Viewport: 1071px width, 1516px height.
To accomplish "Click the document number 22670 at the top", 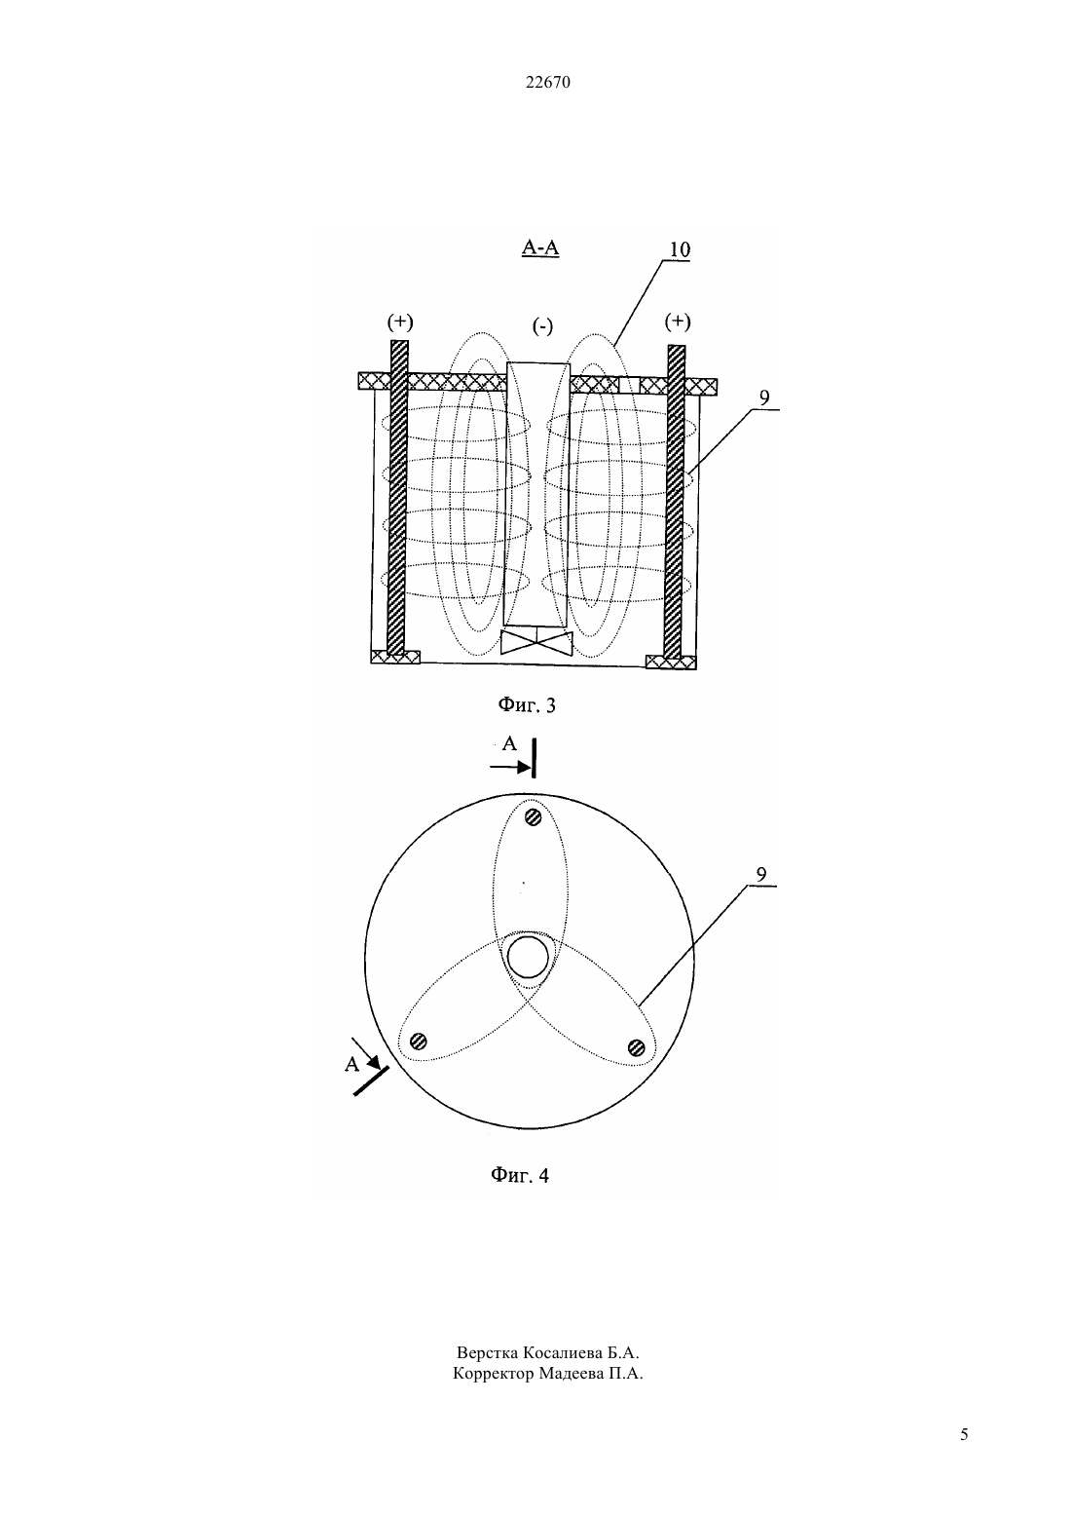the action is [547, 83].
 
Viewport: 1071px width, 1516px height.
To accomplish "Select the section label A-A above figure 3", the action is [540, 248].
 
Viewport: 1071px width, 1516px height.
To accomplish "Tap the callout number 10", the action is [680, 249].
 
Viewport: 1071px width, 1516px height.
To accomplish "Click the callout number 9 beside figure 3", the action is [764, 398].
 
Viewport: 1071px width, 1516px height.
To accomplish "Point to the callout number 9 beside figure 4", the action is [761, 875].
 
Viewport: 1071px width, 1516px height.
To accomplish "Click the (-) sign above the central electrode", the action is [542, 327].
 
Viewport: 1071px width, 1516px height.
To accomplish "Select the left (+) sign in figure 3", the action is [400, 322].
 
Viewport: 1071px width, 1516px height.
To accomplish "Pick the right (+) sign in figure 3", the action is [678, 322].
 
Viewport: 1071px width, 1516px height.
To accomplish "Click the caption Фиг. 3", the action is [527, 705].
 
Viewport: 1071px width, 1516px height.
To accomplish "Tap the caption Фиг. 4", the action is [519, 1176].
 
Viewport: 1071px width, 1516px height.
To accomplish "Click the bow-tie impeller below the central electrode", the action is [536, 642].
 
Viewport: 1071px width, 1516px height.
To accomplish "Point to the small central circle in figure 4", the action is [528, 958].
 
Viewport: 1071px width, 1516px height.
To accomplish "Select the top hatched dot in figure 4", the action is [534, 816].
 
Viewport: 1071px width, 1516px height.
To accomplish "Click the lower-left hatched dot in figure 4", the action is [419, 1041].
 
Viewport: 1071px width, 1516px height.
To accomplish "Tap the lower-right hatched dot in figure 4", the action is [636, 1048].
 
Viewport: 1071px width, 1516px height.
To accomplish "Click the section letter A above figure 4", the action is [509, 744].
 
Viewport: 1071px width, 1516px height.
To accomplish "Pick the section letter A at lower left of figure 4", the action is [351, 1065].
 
